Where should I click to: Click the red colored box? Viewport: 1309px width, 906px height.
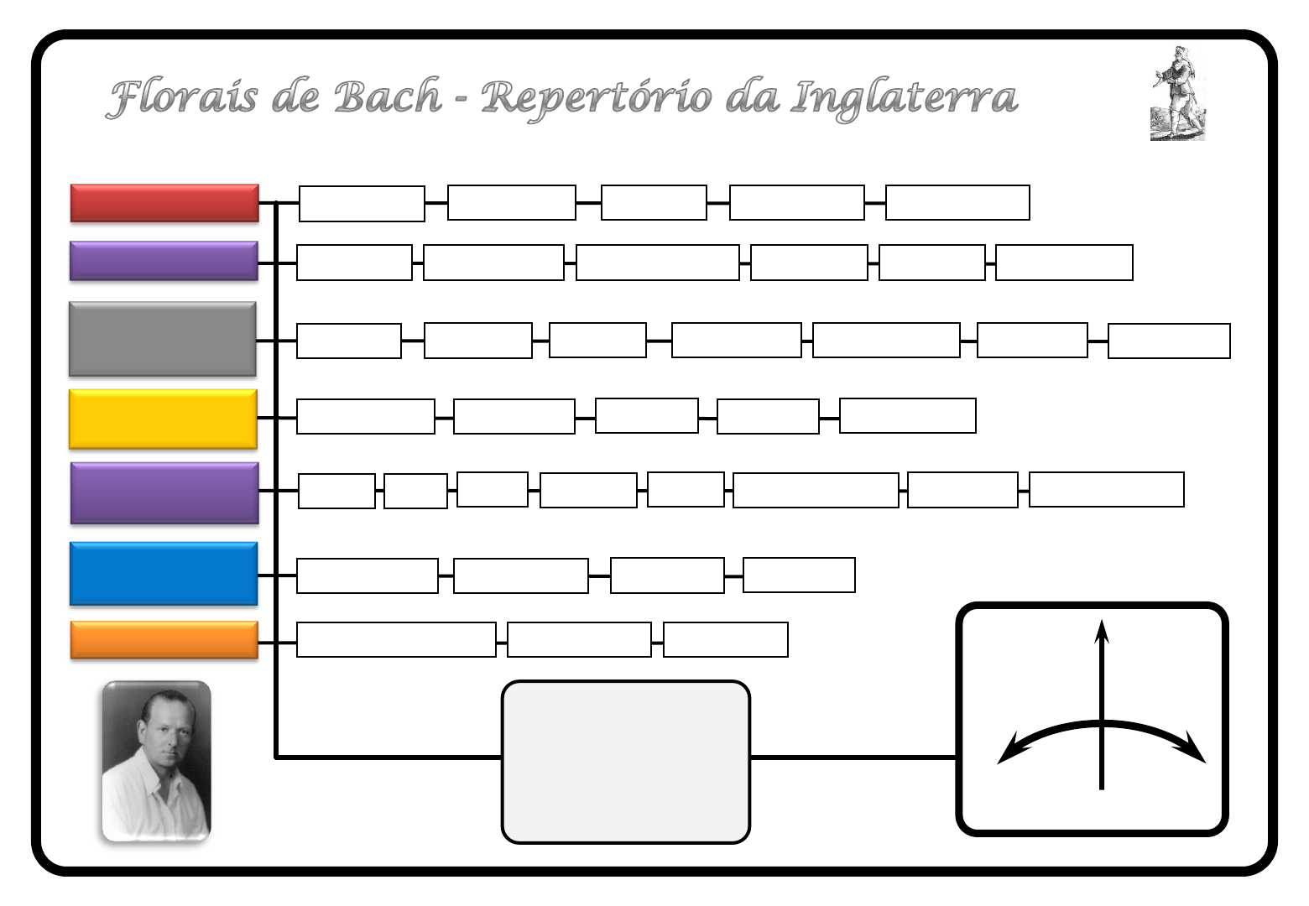click(164, 203)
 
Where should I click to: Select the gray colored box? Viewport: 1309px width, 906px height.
click(163, 339)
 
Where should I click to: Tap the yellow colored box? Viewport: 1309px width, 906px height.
click(163, 419)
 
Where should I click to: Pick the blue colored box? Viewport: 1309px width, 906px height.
click(164, 574)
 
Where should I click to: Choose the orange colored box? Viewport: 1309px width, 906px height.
click(164, 640)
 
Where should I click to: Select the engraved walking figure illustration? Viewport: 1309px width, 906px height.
click(1176, 93)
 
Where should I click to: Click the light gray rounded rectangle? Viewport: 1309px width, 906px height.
click(625, 762)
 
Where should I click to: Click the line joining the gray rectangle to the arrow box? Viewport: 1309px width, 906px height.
click(853, 758)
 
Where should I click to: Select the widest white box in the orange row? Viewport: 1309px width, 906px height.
click(396, 640)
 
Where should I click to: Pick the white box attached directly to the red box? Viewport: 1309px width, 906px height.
click(362, 204)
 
